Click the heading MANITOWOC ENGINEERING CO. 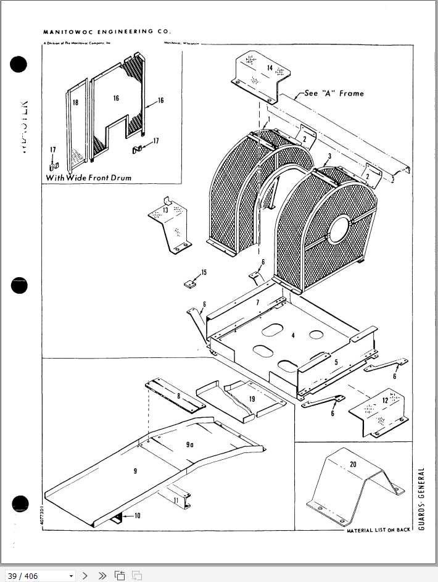tap(107, 31)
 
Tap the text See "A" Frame tap(334, 94)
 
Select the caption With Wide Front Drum tap(89, 178)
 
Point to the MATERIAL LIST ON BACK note tap(378, 530)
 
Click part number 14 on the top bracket tap(270, 67)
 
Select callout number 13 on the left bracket tap(165, 211)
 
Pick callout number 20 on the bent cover tap(353, 464)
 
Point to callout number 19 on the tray tap(252, 399)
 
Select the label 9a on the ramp tap(189, 444)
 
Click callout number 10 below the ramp tap(136, 515)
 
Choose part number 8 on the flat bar tap(178, 396)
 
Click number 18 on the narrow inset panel tap(75, 102)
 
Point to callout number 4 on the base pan tap(293, 335)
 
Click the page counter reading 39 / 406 tap(23, 576)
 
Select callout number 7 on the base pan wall tap(258, 302)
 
